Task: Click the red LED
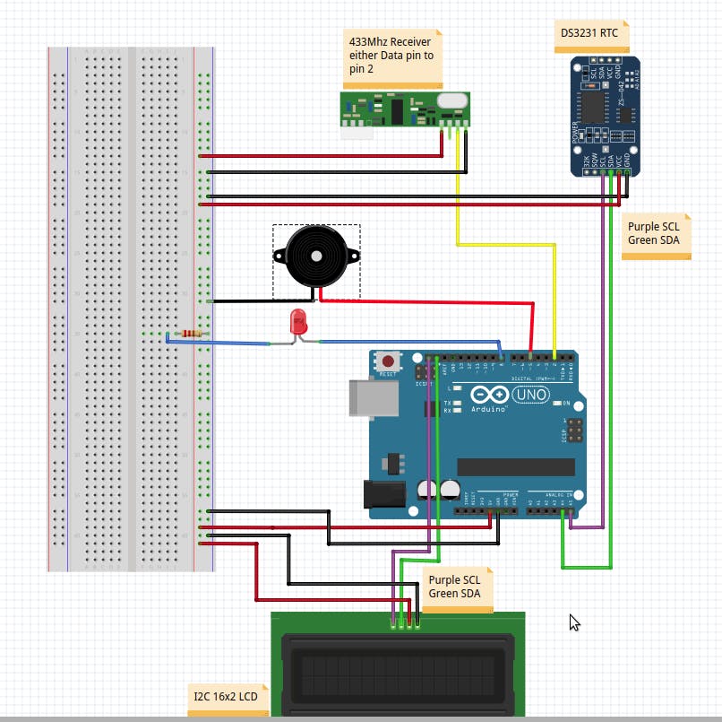click(x=298, y=323)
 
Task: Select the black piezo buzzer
click(x=315, y=256)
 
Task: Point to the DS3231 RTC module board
click(x=606, y=115)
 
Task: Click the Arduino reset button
click(x=388, y=361)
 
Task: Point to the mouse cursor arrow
click(x=574, y=622)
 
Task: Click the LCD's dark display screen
click(x=398, y=674)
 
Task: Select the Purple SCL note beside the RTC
click(x=656, y=235)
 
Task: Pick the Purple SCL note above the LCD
click(x=456, y=588)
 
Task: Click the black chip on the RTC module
click(x=592, y=106)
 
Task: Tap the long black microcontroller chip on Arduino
click(x=515, y=466)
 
